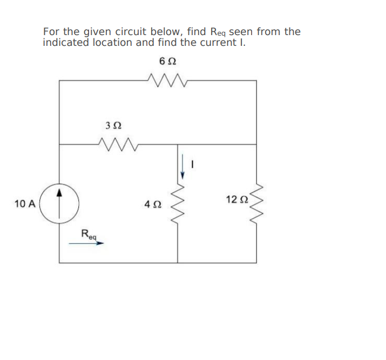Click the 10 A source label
(x=25, y=204)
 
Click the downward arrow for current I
(x=183, y=166)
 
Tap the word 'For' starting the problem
(x=51, y=32)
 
